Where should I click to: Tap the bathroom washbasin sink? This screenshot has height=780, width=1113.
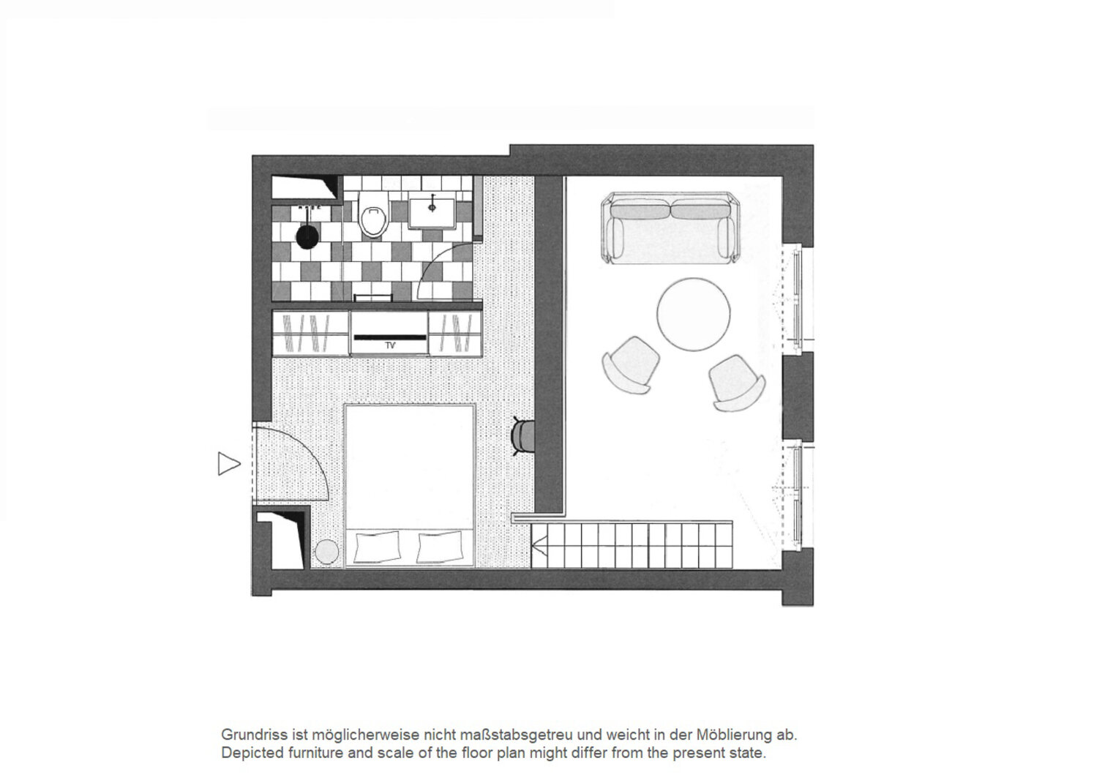[x=432, y=214]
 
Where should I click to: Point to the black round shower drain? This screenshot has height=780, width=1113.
[x=307, y=236]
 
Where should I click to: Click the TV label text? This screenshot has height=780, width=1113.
[x=390, y=346]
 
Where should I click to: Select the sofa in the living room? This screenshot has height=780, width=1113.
[x=670, y=228]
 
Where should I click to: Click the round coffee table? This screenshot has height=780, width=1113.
[x=694, y=314]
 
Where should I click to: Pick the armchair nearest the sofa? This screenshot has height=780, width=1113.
[x=631, y=364]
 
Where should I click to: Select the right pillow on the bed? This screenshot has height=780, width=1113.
[x=441, y=547]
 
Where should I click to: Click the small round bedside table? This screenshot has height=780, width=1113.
[x=327, y=552]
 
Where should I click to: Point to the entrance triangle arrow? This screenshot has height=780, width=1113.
[x=229, y=464]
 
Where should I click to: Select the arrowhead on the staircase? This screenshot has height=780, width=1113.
[x=539, y=550]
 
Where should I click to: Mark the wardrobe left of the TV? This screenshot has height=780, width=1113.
[x=310, y=334]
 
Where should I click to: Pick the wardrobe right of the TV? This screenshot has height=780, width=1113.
[x=455, y=334]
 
